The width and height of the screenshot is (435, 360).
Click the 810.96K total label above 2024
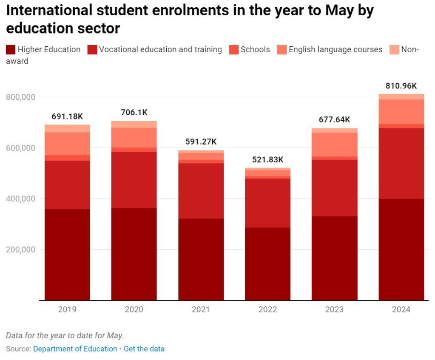click(x=401, y=86)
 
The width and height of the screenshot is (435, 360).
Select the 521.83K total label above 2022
click(x=267, y=160)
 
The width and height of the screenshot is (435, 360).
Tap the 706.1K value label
click(x=134, y=113)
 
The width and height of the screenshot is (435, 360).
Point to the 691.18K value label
click(x=67, y=116)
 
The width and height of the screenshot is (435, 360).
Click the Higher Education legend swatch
click(x=11, y=50)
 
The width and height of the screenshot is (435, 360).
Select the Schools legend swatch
click(x=234, y=50)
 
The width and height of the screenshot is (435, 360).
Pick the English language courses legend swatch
click(x=282, y=50)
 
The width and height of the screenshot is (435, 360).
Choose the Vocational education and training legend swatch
click(x=92, y=50)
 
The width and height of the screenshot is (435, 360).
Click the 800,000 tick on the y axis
click(x=20, y=97)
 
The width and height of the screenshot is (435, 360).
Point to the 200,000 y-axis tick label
click(x=20, y=249)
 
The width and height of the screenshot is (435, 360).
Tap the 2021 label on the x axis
click(x=201, y=309)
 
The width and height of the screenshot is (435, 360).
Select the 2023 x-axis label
click(x=334, y=309)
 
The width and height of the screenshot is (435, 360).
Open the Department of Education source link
click(x=75, y=349)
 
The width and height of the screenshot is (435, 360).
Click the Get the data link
click(x=144, y=349)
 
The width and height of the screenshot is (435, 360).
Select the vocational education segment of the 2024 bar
click(x=401, y=163)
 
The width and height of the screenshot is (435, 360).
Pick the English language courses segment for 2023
click(x=334, y=145)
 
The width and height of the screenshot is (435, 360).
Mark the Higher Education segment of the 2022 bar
click(x=267, y=264)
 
